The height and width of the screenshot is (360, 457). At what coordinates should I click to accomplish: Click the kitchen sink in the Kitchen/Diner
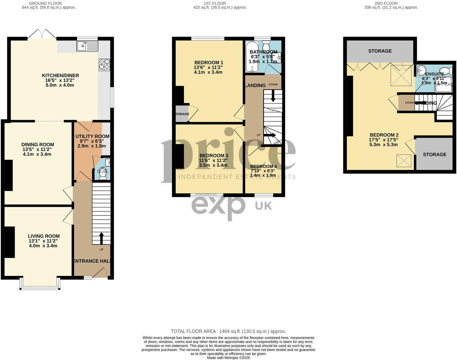coord(87,46)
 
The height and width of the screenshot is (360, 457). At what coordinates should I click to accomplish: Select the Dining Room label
coord(38,145)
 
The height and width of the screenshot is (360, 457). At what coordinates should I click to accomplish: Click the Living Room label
coord(44,236)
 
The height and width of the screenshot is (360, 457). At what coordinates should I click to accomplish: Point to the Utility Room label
coord(92,136)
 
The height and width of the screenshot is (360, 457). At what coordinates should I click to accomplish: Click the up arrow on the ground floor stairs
coord(101,238)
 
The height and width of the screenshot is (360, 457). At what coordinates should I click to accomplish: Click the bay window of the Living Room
coord(40,284)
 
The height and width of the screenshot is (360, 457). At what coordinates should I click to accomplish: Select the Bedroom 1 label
coord(209,63)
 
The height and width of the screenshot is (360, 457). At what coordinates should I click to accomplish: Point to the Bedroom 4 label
coord(263,166)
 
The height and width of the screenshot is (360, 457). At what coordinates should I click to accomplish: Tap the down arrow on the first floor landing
coord(273,96)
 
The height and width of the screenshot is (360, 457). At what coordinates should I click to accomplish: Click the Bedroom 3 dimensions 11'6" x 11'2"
coord(213,160)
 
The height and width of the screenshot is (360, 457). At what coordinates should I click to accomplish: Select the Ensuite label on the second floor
coord(435,74)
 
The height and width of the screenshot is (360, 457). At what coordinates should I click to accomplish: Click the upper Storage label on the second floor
coord(380,51)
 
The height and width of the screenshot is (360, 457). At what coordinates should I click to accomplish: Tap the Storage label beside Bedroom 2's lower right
coord(435,154)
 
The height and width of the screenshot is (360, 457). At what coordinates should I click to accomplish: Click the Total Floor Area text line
coord(228,331)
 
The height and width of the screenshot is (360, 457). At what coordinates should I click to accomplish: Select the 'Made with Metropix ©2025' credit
coord(228,357)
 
